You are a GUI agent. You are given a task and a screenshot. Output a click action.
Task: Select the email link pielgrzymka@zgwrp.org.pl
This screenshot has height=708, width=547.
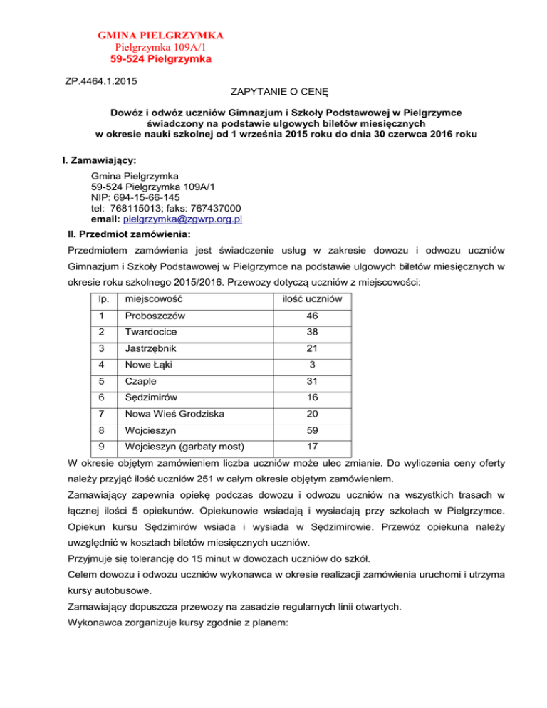tap(183, 219)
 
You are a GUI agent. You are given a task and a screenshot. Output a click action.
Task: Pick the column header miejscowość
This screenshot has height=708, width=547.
tap(150, 282)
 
